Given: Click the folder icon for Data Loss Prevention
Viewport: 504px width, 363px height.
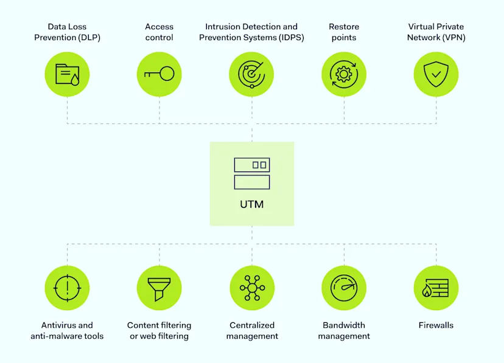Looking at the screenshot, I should pos(67,74).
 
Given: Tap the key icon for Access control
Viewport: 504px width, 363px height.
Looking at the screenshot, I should pos(159,74).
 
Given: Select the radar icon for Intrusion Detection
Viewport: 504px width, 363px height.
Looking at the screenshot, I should pos(251,74).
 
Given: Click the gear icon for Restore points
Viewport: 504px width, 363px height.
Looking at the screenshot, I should pos(344,74).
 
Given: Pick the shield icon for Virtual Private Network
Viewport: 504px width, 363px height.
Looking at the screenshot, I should pos(436,74).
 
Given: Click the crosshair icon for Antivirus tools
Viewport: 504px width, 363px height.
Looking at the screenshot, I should pos(67,288).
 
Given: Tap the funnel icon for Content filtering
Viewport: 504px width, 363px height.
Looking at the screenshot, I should pos(159,288).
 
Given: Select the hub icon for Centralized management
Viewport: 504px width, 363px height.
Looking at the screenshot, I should pos(251,288).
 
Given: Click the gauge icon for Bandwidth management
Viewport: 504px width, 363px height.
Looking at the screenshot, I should pos(344,288).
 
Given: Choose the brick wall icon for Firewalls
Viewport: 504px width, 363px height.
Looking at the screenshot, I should pos(436,288).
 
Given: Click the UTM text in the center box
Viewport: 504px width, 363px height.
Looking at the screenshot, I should pos(251,204).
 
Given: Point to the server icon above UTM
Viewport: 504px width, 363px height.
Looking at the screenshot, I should pos(251,173).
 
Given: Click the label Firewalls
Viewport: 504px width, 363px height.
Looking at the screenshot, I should pos(436,325).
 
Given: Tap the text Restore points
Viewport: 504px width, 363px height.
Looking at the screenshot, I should pos(344,32).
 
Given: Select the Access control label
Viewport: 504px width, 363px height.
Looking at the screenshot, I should pos(159,32).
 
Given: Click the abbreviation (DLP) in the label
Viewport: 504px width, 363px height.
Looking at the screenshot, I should pos(88,38).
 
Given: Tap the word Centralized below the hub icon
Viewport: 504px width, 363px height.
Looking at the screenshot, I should pos(252,325).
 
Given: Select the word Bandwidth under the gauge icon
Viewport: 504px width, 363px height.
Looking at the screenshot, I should pos(344,325).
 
